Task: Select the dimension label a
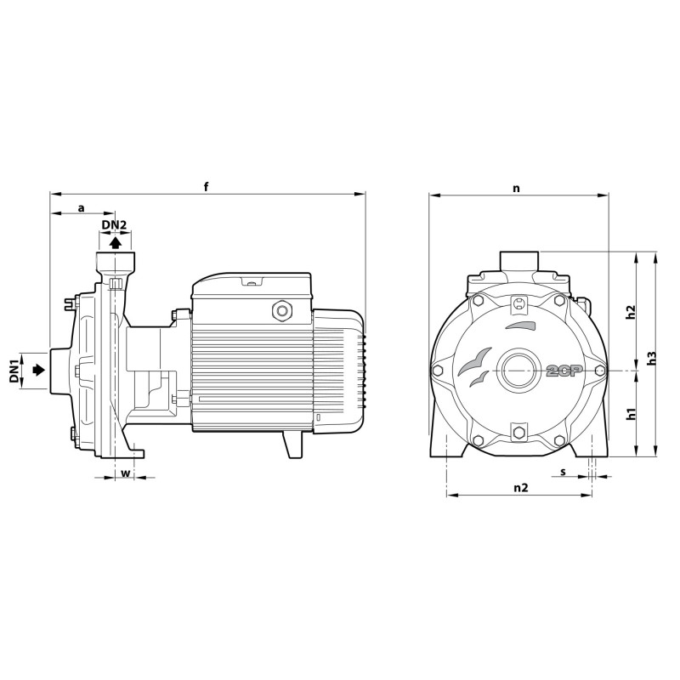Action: [x=82, y=207]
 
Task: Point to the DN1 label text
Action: [x=14, y=371]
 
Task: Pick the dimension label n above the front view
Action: [x=517, y=188]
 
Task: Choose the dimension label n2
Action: [x=521, y=488]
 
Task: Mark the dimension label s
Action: [x=564, y=471]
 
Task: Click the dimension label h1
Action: [x=631, y=414]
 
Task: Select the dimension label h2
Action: [x=631, y=312]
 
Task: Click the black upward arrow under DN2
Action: [x=115, y=241]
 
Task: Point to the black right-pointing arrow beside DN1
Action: [x=37, y=371]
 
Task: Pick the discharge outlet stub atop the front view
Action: [x=517, y=259]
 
